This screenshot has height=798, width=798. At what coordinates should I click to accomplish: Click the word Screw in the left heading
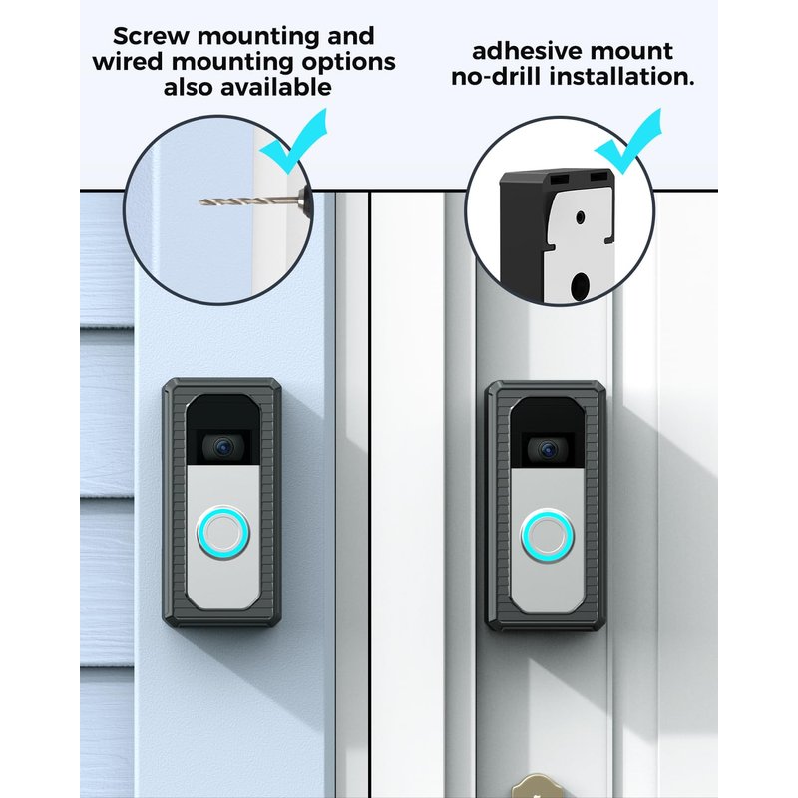coord(152,37)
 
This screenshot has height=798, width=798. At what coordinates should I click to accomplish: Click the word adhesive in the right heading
coord(531,51)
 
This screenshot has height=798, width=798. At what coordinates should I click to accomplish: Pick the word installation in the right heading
coord(621,77)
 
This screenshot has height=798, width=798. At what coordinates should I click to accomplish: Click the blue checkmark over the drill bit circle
coord(294,140)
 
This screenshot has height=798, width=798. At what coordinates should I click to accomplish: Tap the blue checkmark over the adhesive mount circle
coord(629,140)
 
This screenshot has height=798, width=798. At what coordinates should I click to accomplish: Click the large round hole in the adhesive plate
coord(579,286)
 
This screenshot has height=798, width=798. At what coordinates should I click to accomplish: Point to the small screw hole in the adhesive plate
coord(580,218)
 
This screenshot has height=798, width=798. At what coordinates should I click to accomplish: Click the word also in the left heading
coord(189,87)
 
